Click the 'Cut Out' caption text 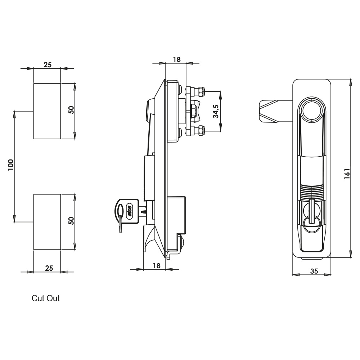pyautogui.click(x=46, y=298)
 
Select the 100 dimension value pyautogui.click(x=11, y=165)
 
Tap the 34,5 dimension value pyautogui.click(x=216, y=111)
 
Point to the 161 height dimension pyautogui.click(x=347, y=174)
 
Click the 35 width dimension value pyautogui.click(x=314, y=271)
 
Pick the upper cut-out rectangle pyautogui.click(x=47, y=111)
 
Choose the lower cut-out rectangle pyautogui.click(x=47, y=222)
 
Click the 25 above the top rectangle pyautogui.click(x=48, y=65)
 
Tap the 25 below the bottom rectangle pyautogui.click(x=49, y=268)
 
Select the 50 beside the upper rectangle pyautogui.click(x=71, y=110)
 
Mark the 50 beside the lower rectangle pyautogui.click(x=71, y=221)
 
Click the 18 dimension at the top pyautogui.click(x=176, y=59)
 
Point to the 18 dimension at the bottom pyautogui.click(x=156, y=266)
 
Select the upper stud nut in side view pyautogui.click(x=201, y=91)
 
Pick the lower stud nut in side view pyautogui.click(x=201, y=131)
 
